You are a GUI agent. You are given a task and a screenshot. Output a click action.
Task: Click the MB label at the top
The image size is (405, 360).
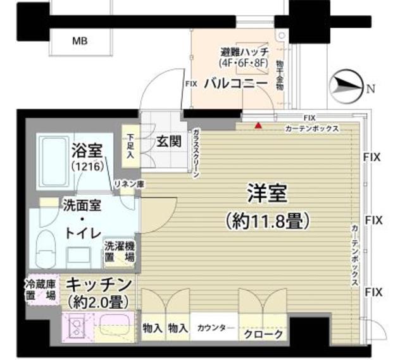(x=80, y=41)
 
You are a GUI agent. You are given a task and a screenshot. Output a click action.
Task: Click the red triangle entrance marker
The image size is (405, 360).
(x=258, y=125)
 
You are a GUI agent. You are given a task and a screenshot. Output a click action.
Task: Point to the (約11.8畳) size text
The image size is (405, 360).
(x=266, y=221)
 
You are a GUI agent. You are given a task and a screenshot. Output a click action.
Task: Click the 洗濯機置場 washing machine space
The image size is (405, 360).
(x=119, y=252)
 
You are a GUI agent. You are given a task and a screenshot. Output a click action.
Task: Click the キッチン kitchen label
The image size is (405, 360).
(x=99, y=283)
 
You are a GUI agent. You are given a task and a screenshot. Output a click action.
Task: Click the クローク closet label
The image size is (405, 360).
(x=263, y=334)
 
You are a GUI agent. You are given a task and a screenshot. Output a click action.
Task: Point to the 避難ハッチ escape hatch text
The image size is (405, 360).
(x=244, y=52)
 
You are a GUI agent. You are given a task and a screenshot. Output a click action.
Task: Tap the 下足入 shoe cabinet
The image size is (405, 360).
(x=130, y=146)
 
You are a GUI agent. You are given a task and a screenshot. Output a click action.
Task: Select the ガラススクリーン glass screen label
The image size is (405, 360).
(x=197, y=151)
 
